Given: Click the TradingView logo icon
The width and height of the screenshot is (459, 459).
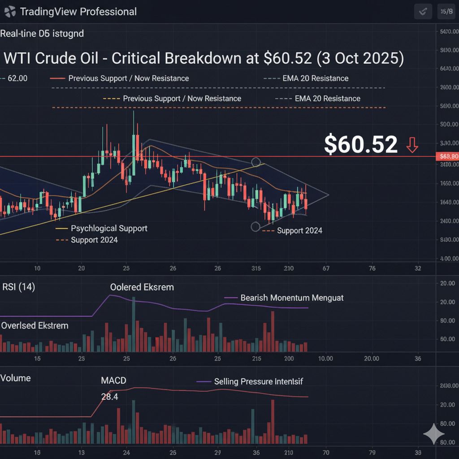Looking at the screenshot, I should pos(10,12).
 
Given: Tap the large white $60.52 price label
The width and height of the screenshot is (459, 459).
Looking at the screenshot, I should pos(360,145).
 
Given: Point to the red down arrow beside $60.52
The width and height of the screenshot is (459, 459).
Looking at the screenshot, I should pos(412,145).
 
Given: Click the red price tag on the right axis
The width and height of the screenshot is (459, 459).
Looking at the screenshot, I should pos(447,156).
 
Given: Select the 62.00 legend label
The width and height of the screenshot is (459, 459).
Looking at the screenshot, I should pos(17,78).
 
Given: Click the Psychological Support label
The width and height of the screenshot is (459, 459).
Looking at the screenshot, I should pos(109,229).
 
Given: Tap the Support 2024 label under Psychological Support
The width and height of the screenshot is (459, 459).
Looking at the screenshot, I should pos(94,240).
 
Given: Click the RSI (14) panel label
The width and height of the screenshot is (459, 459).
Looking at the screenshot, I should pos(18,287).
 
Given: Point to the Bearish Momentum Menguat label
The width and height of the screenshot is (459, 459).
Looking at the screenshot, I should pos(292,298).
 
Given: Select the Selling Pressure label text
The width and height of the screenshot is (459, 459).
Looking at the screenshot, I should pos(258,381).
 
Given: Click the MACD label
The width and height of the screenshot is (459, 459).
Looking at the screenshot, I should pos(113,381).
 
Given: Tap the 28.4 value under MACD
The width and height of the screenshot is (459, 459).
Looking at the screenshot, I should pos(110,397).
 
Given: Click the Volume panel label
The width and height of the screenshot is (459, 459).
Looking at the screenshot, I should pos(16,378).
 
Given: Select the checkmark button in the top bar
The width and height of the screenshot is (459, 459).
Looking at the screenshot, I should pos(423,12).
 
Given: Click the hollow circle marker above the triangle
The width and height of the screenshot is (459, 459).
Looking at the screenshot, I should pos(256,162).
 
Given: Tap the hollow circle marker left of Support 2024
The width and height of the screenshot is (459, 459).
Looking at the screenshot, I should pos(255,227).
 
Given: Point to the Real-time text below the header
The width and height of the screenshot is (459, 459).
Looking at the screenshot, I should pos(42,34).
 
